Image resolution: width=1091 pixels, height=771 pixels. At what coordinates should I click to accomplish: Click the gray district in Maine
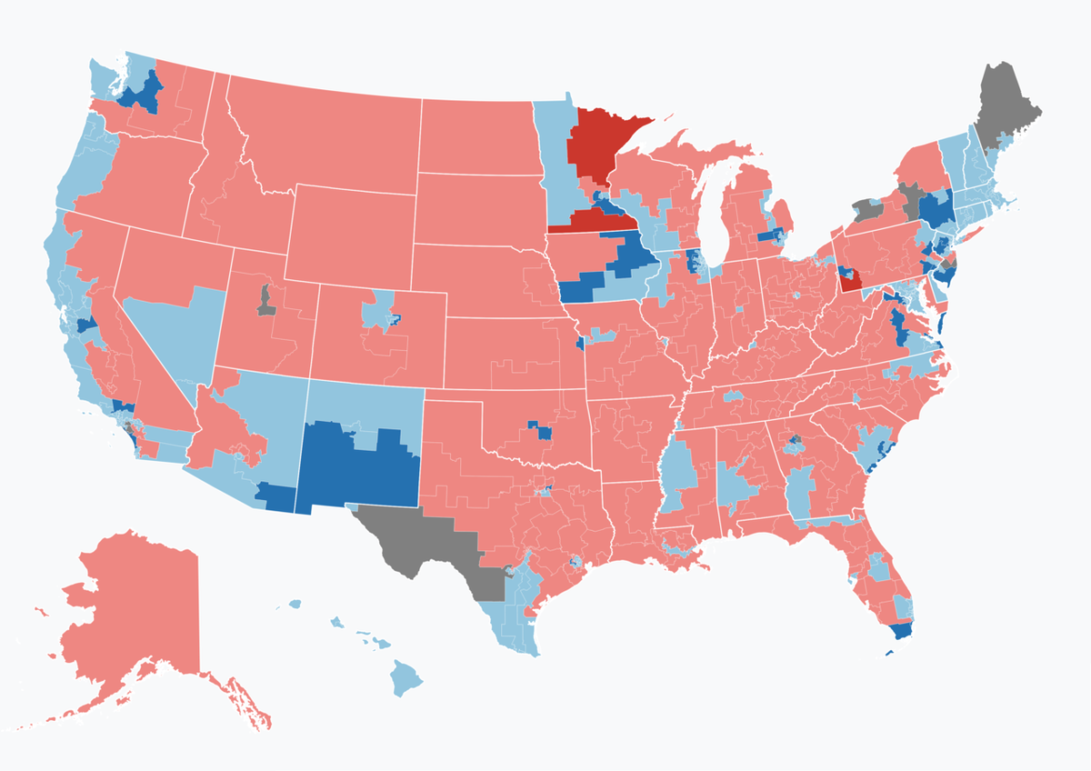click(x=1007, y=105)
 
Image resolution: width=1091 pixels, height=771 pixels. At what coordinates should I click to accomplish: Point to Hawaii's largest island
click(x=408, y=678)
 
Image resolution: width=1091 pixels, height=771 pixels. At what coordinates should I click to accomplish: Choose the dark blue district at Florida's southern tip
click(x=900, y=630)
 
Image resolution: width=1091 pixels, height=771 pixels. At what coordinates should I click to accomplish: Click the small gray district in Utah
click(x=265, y=300)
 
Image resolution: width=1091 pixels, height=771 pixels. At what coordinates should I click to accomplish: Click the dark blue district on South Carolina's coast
click(x=878, y=459)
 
